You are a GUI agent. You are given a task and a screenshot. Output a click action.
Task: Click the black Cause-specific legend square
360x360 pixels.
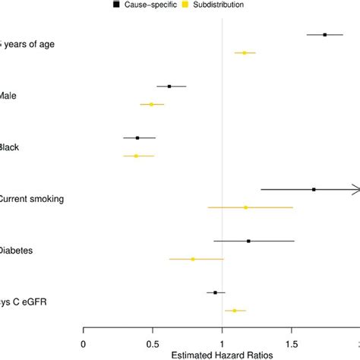tap(115, 5)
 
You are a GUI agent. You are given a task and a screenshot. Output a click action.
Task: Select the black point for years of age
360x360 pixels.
tap(325, 34)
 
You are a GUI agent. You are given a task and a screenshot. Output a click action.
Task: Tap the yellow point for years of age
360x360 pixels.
tap(245, 53)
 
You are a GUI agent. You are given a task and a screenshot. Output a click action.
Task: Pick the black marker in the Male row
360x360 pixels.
tap(169, 86)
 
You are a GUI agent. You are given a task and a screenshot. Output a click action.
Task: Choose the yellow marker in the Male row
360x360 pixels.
tap(151, 104)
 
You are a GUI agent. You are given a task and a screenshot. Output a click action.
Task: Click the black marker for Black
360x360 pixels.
tap(137, 137)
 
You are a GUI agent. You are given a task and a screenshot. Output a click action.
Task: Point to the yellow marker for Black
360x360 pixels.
tap(137, 156)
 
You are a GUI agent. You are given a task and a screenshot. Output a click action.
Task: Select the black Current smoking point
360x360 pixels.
tap(314, 189)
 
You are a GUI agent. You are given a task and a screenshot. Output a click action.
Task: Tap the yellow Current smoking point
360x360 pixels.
tap(245, 207)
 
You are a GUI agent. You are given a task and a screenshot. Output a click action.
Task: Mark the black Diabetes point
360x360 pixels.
tap(248, 241)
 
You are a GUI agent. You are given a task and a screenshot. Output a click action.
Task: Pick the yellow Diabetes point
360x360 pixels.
tap(193, 259)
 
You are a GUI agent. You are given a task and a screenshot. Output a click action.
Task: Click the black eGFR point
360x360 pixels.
tap(215, 292)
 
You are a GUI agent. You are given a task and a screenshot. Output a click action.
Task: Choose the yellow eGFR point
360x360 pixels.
tap(235, 311)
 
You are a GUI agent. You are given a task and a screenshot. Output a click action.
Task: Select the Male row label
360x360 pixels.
tap(9, 96)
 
